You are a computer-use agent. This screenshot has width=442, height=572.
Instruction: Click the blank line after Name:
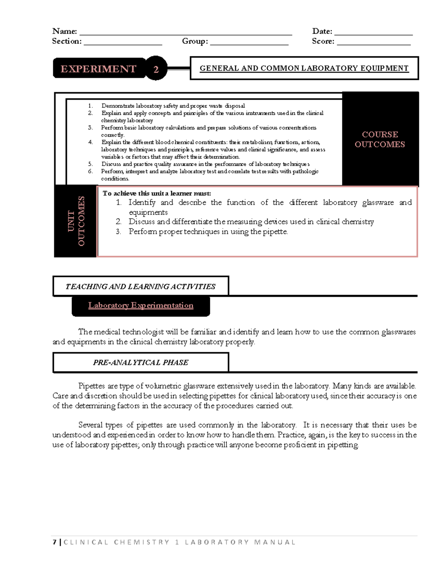tap(186, 33)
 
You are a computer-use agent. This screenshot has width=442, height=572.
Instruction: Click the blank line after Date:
tap(373, 33)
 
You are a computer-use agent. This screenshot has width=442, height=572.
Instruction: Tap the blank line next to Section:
tap(123, 43)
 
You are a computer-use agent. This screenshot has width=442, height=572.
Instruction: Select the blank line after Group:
tap(249, 43)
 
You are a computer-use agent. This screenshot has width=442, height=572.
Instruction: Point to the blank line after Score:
tap(373, 43)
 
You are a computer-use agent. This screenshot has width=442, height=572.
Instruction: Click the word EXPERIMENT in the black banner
tap(98, 69)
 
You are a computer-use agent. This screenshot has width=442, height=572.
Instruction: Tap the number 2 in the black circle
tap(156, 69)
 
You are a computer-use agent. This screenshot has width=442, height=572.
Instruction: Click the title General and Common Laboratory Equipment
tap(304, 68)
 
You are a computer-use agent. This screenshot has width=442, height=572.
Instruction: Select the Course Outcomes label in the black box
tap(380, 139)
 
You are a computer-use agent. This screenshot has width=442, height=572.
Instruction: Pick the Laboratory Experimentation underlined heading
tap(141, 305)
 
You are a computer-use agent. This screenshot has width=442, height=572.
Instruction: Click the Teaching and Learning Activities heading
tap(140, 287)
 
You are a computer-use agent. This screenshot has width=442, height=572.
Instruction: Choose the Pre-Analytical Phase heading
tap(140, 362)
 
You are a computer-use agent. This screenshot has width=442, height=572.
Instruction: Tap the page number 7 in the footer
tap(55, 542)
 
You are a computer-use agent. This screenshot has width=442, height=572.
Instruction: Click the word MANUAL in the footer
tap(275, 542)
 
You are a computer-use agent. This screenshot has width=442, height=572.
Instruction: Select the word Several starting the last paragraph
tap(90, 425)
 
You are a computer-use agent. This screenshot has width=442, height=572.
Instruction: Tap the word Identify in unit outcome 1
tap(142, 203)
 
